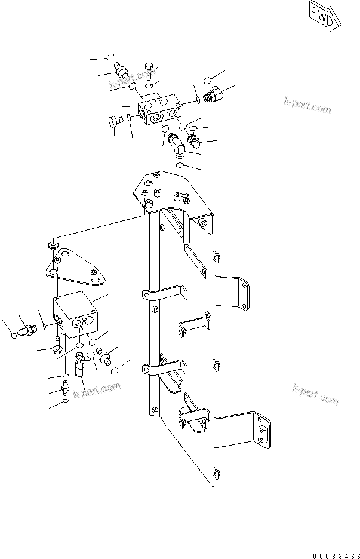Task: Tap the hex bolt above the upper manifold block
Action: tap(149, 70)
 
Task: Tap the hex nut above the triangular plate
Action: tap(54, 245)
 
